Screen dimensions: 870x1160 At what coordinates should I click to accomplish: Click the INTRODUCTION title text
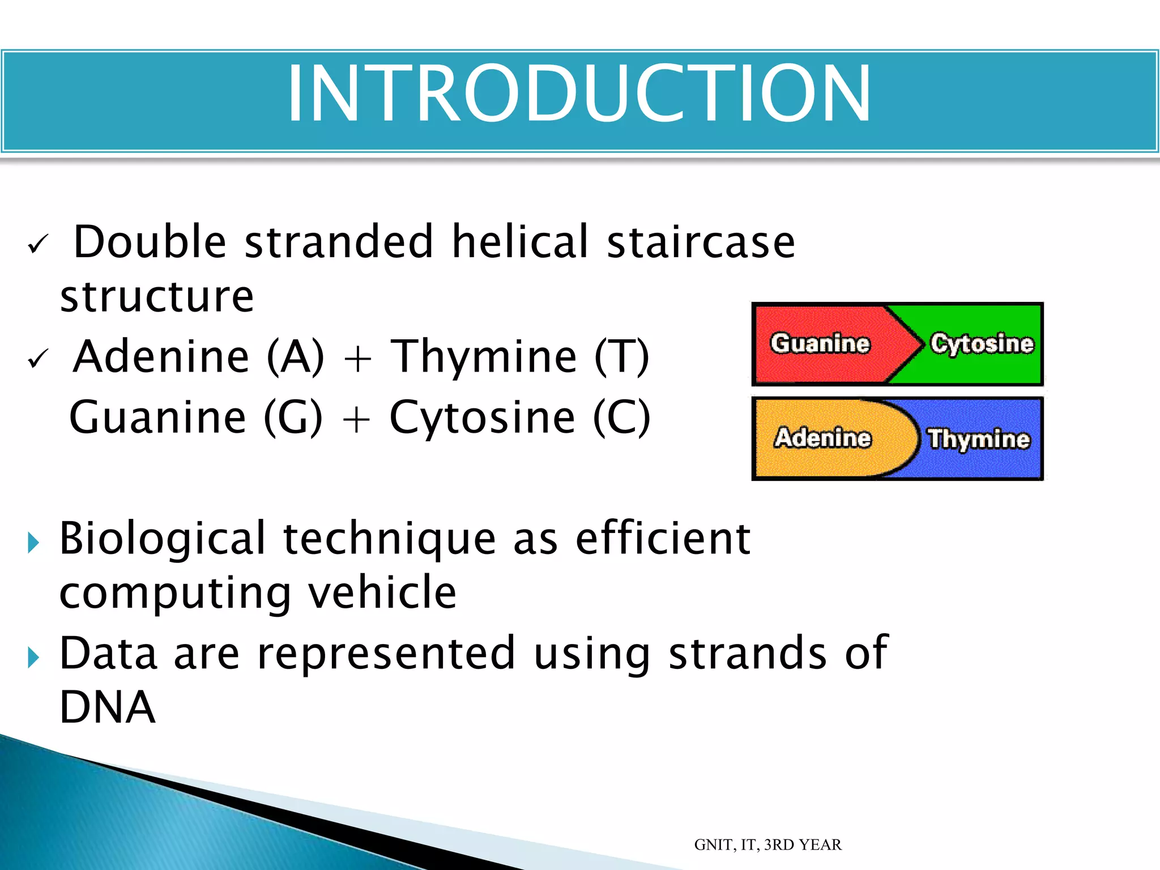point(579,94)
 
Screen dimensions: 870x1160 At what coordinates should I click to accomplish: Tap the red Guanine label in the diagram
point(820,344)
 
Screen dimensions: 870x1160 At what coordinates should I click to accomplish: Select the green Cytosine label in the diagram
point(982,344)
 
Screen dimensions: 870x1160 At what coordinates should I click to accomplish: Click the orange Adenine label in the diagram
point(822,438)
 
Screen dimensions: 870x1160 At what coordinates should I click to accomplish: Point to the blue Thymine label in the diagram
point(978,439)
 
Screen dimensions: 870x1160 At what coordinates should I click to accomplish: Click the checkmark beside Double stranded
point(38,245)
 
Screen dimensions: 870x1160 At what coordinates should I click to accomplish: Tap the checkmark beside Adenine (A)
point(38,359)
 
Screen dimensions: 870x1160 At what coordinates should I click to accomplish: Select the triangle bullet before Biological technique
point(33,543)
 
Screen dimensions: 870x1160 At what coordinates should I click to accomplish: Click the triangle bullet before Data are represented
point(33,658)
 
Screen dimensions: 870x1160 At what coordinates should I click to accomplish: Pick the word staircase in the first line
point(701,242)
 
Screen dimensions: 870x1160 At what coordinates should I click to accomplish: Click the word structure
point(157,297)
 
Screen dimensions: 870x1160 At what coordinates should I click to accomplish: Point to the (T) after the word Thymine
point(621,357)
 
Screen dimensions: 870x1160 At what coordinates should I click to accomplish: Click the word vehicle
point(382,592)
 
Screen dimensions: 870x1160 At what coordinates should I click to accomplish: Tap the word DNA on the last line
point(107,707)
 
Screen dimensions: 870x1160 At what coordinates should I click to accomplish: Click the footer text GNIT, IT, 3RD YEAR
point(767,845)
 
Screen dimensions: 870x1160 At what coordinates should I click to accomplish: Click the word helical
point(520,242)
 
